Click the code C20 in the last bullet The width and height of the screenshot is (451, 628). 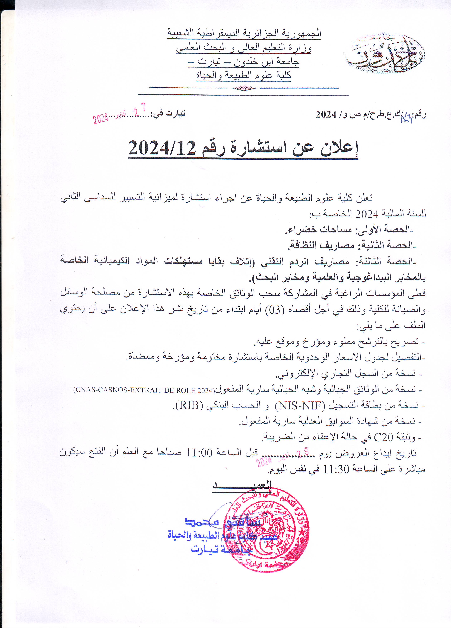384,438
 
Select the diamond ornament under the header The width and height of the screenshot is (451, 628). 244,88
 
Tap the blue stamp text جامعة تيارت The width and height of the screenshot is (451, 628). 222,549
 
